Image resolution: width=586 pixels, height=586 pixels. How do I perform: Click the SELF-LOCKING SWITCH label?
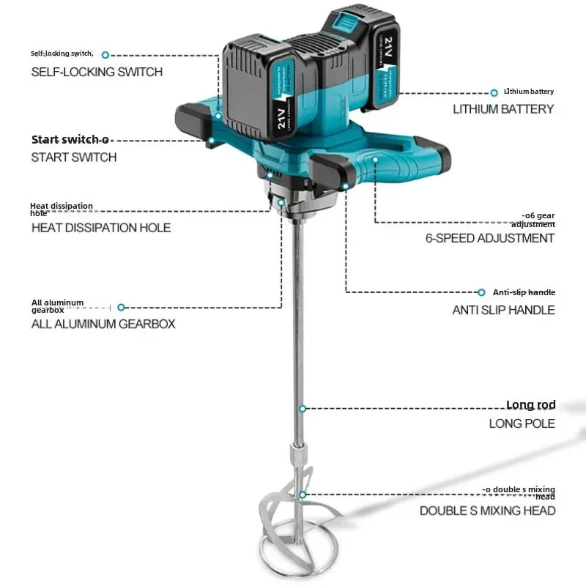[x=96, y=72]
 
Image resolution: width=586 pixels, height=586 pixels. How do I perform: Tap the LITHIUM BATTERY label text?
[x=503, y=109]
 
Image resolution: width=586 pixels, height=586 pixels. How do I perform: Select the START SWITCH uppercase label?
[x=73, y=157]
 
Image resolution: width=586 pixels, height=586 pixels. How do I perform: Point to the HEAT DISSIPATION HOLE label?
[x=100, y=228]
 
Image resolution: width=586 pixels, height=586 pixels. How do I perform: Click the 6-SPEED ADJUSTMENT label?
[x=490, y=238]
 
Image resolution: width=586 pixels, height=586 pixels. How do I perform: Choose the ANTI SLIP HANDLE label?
[x=503, y=310]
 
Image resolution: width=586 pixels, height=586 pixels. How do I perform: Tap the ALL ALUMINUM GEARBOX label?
[x=103, y=323]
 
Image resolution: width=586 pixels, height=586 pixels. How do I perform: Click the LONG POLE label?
[x=522, y=423]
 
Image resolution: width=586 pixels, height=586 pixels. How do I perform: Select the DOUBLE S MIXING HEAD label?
[x=487, y=511]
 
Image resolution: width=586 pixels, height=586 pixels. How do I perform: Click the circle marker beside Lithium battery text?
[x=494, y=92]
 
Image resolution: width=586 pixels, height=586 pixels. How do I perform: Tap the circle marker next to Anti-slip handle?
[x=481, y=292]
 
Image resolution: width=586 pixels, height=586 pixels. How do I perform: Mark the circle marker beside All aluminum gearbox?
[x=122, y=308]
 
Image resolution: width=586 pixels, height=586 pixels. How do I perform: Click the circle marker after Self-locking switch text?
[x=105, y=55]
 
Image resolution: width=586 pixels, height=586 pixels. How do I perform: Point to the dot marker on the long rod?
[x=301, y=407]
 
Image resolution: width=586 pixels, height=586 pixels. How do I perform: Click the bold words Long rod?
[x=530, y=405]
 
